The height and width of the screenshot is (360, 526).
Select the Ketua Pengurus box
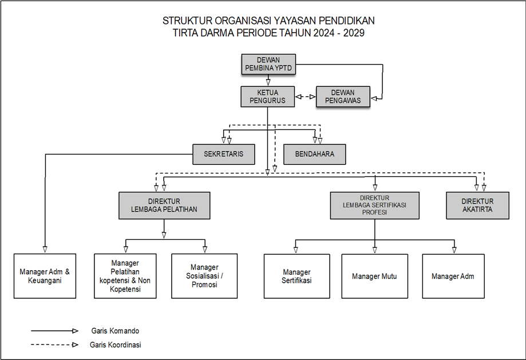click(x=267, y=96)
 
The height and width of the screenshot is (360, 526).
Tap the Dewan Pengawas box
click(x=342, y=96)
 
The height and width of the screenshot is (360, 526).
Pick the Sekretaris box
click(x=223, y=154)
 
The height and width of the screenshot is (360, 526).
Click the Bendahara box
click(x=314, y=154)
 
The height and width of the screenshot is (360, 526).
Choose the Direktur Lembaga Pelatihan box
click(x=164, y=205)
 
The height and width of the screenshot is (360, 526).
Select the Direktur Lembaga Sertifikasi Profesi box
click(x=374, y=205)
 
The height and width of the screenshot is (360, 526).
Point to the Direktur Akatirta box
click(x=477, y=205)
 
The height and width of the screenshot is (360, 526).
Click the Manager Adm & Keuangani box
click(x=45, y=276)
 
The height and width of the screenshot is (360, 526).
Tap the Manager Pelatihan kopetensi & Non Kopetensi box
click(x=125, y=276)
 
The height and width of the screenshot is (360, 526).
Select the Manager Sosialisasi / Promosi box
click(x=204, y=276)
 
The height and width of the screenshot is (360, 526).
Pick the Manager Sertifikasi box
click(x=296, y=276)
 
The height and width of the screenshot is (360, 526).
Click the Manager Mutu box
click(x=374, y=276)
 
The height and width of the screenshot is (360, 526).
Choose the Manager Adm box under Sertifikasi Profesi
click(x=453, y=276)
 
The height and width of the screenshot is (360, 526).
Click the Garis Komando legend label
click(x=114, y=331)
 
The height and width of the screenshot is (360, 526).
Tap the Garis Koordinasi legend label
click(x=116, y=345)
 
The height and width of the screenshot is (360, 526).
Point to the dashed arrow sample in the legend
click(x=54, y=345)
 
